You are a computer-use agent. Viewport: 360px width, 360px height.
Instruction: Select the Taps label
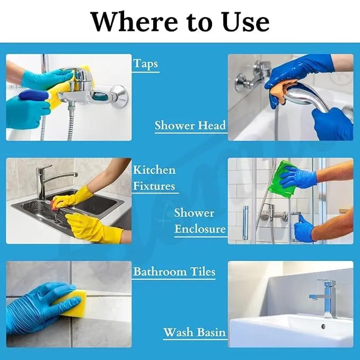click(x=145, y=64)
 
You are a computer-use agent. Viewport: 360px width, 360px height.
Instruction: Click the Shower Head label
click(x=190, y=126)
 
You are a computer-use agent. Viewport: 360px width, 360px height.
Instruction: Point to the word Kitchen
click(x=154, y=170)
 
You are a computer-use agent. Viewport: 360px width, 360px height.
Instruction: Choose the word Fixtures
click(x=154, y=186)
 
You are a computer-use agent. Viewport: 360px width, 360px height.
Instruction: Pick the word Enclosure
click(x=200, y=230)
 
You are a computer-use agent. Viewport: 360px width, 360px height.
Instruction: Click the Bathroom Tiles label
click(x=174, y=272)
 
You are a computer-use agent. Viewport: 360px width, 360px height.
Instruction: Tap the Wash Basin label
click(x=194, y=333)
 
